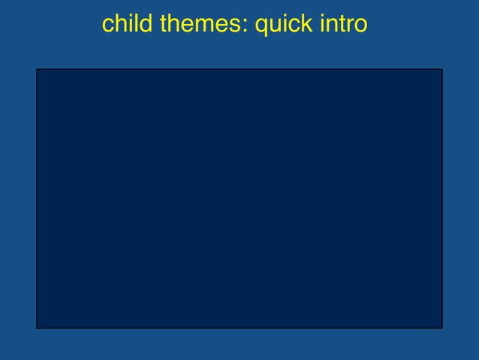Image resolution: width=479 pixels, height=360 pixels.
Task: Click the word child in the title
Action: pyautogui.click(x=127, y=25)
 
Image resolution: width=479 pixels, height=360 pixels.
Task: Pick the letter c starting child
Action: pyautogui.click(x=107, y=27)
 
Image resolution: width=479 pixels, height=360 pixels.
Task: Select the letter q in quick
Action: pyautogui.click(x=262, y=28)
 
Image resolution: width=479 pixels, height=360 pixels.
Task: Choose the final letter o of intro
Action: pyautogui.click(x=361, y=27)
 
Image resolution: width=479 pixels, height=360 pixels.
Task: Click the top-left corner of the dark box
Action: pyautogui.click(x=37, y=69)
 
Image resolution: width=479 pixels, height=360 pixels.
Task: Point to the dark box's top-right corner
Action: pyautogui.click(x=442, y=69)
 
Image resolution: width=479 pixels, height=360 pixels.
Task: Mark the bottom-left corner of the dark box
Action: pyautogui.click(x=37, y=328)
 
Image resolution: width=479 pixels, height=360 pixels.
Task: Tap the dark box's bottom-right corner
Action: pyautogui.click(x=442, y=328)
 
